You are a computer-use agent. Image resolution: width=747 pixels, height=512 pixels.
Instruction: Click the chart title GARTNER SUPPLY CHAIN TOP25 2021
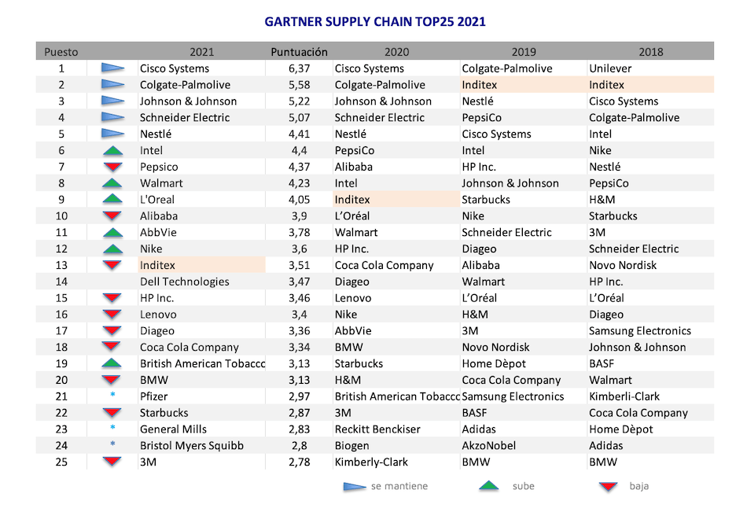point(374,21)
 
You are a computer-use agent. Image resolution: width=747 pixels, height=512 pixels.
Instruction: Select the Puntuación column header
point(299,52)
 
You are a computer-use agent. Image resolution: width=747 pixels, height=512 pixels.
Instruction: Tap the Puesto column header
point(61,52)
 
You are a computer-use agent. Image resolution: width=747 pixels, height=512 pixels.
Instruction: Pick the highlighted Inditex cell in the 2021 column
point(157,265)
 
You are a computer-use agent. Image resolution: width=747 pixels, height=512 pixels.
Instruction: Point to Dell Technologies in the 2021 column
point(185,282)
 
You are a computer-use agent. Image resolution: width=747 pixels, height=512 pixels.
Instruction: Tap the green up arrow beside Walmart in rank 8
point(113,183)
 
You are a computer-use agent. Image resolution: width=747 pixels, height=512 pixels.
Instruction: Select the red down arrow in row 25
point(113,462)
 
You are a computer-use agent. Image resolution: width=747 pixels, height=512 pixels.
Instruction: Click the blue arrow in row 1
point(113,68)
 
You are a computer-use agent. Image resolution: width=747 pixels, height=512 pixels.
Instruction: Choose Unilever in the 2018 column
point(610,68)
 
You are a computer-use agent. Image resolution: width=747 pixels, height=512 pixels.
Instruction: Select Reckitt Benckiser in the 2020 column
point(377,429)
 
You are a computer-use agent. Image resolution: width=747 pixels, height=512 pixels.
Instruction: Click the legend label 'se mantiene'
point(399,486)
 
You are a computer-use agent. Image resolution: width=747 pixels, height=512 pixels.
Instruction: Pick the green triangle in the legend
point(489,486)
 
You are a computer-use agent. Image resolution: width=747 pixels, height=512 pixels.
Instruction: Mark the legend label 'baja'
point(639,486)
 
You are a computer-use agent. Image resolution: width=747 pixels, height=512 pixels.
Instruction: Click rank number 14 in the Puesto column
point(61,282)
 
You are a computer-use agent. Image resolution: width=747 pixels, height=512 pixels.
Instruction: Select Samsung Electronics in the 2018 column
point(640,330)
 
